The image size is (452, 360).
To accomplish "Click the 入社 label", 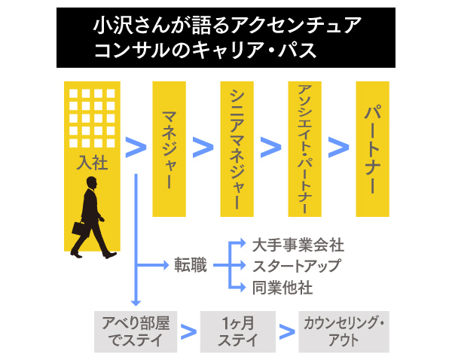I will [92, 161].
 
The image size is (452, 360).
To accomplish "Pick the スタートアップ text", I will [296, 266].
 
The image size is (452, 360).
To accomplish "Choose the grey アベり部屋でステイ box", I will [136, 331].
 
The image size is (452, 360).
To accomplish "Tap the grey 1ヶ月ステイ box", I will [237, 331].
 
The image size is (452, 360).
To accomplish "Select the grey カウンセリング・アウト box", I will [344, 331].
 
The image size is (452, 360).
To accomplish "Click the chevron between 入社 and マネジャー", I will [135, 148].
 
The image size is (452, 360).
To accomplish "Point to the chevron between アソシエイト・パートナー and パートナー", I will [339, 148].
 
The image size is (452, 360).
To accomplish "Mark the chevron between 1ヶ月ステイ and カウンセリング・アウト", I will [286, 331].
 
